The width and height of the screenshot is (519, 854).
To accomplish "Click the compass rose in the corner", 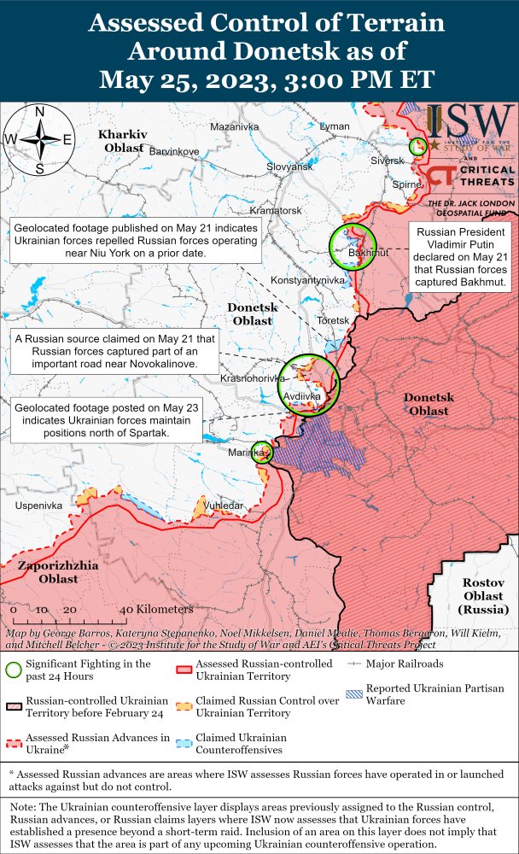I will [x=38, y=139].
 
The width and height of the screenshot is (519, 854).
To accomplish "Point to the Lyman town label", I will [x=334, y=126].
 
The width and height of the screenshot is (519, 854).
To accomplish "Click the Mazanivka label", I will [x=234, y=126].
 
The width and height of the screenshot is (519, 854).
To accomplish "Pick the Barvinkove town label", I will [x=174, y=151].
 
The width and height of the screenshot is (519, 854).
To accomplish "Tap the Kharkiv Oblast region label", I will [x=120, y=141].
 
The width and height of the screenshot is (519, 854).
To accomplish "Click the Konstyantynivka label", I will [x=306, y=280].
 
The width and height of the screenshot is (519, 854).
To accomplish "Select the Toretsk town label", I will [x=333, y=320].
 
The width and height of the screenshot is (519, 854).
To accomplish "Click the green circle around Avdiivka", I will [x=309, y=384].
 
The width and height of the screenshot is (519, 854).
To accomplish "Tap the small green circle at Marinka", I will [x=263, y=453].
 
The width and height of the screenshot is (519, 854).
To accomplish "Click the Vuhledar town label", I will [x=225, y=506].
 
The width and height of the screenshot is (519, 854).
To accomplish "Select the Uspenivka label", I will [x=39, y=506].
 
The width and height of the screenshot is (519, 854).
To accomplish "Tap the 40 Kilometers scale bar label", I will [x=156, y=609].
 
